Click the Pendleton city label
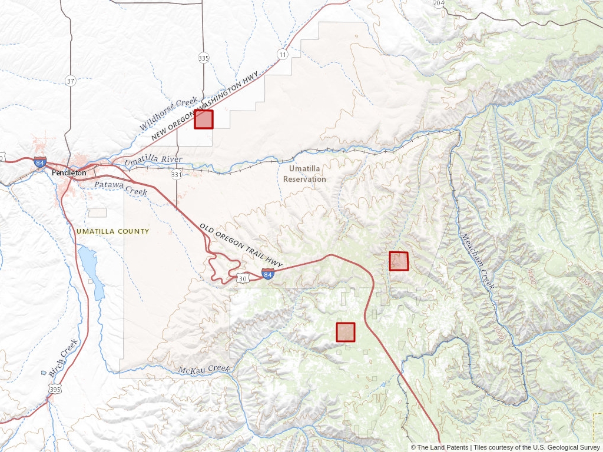[69, 173]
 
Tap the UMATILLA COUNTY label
[112, 231]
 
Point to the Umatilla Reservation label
[304, 174]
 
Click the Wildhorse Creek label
[168, 114]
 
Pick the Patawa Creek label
[121, 188]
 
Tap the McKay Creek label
[203, 369]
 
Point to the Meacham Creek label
[478, 261]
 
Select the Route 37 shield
[70, 81]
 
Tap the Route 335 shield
[204, 58]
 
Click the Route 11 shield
[283, 55]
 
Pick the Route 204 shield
[439, 3]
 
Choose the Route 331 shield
[176, 175]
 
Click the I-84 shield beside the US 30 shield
[268, 274]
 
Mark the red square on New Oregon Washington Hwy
[204, 119]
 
